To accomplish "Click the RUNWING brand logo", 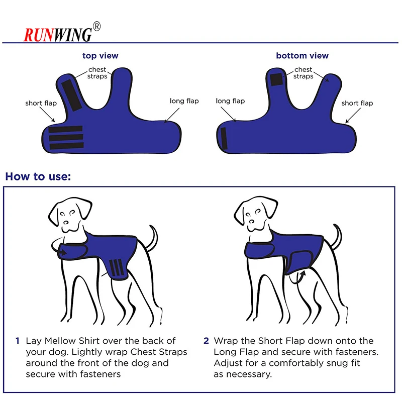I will [x=58, y=34].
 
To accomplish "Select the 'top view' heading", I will [x=100, y=56].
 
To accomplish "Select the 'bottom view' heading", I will [x=302, y=56].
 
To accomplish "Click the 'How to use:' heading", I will [x=38, y=177].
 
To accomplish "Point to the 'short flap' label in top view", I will [x=41, y=104].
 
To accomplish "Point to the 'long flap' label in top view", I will [x=184, y=101].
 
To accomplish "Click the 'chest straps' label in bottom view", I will [x=303, y=73].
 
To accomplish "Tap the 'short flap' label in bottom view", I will [x=357, y=103].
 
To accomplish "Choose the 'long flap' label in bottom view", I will [x=230, y=101].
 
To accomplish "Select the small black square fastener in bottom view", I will [x=276, y=79].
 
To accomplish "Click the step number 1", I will [x=18, y=341].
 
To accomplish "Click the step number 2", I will [x=206, y=341].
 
